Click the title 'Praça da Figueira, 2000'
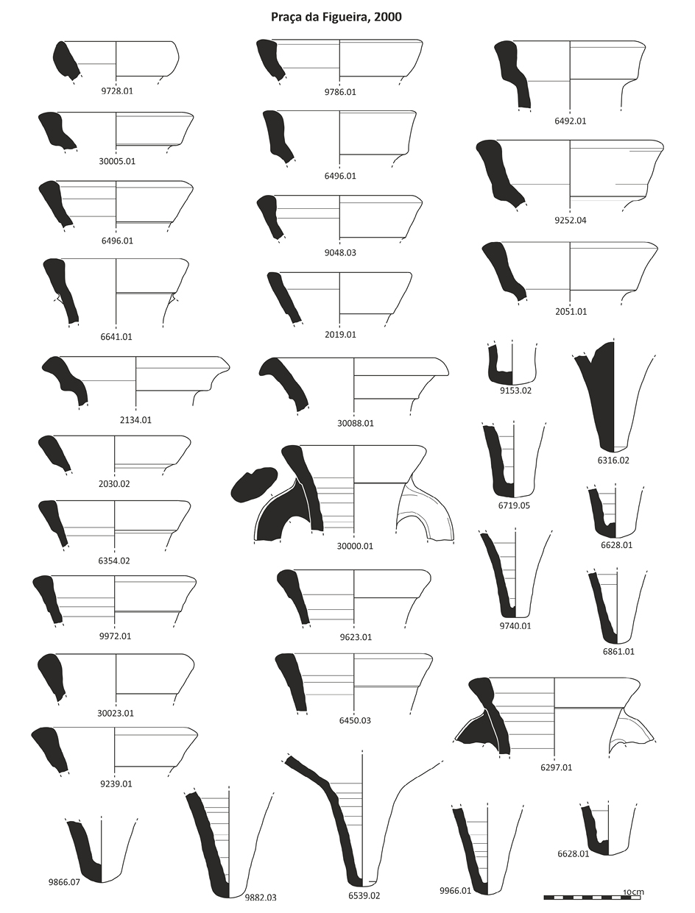tap(336, 17)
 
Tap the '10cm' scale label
tap(633, 892)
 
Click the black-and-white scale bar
tap(592, 898)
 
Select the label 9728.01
tap(117, 91)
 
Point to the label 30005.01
tap(117, 161)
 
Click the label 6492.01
tap(570, 121)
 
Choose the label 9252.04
tap(570, 221)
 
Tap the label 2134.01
tap(135, 420)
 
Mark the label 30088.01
tap(356, 424)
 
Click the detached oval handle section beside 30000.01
tap(254, 483)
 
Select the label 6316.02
tap(613, 461)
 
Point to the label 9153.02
tap(515, 391)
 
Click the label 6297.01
tap(557, 767)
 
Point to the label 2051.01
tap(571, 311)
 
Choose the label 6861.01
tap(618, 652)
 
